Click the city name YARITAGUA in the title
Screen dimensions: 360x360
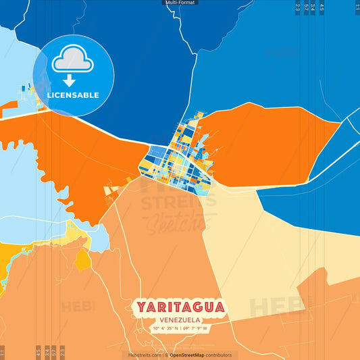tap(180, 307)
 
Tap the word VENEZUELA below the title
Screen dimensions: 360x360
tap(180, 319)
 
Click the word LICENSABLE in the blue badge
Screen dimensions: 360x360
tap(74, 95)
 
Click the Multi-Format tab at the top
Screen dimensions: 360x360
tap(180, 3)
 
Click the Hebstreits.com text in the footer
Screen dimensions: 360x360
tap(145, 355)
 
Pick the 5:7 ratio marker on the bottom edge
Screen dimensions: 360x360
tap(54, 352)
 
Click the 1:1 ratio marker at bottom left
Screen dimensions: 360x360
tap(3, 352)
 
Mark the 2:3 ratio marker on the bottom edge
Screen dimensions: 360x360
tap(62, 352)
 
